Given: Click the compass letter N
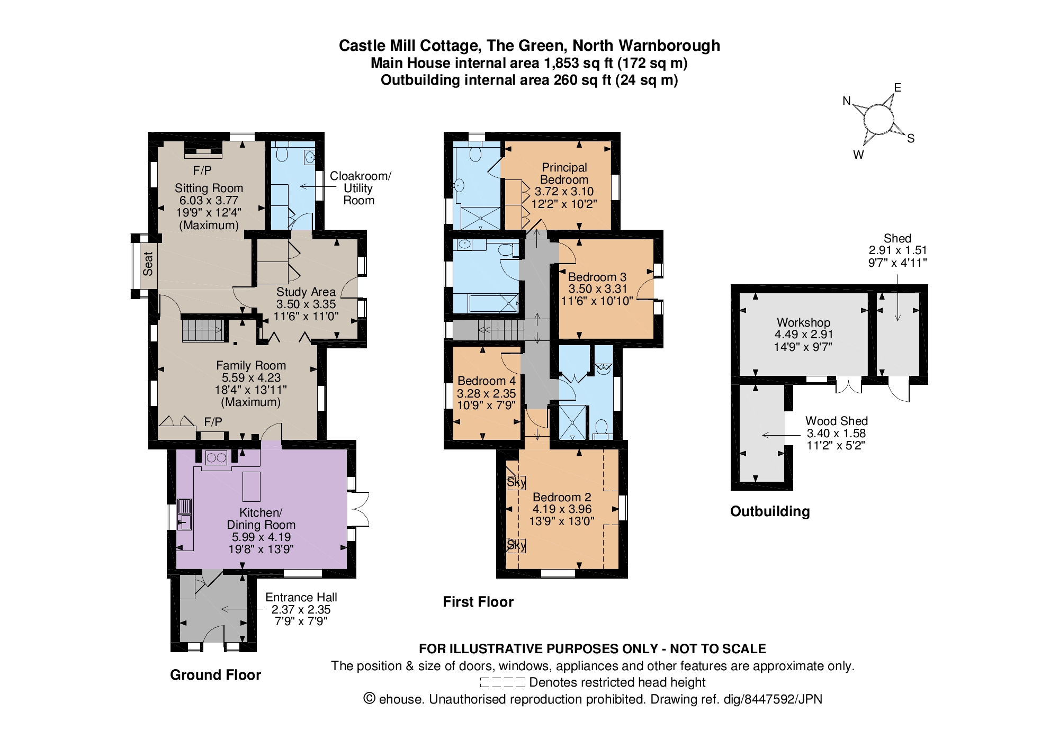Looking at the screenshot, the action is pyautogui.click(x=847, y=101).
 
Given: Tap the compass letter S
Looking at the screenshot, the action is pyautogui.click(x=911, y=139).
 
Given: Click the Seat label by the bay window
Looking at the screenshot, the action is pyautogui.click(x=148, y=263).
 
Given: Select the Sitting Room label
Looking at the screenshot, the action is pyautogui.click(x=209, y=188).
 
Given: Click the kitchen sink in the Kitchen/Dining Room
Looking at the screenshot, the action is pyautogui.click(x=184, y=514).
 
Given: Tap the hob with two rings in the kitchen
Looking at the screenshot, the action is pyautogui.click(x=216, y=457).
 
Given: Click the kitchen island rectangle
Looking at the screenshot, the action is pyautogui.click(x=252, y=486).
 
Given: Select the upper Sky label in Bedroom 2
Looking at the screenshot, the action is pyautogui.click(x=516, y=482).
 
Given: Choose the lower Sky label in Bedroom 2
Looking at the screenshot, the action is pyautogui.click(x=516, y=545).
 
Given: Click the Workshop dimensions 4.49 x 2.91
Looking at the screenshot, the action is pyautogui.click(x=804, y=335).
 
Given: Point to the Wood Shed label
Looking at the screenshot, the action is pyautogui.click(x=837, y=421).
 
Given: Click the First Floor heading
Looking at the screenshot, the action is pyautogui.click(x=478, y=602).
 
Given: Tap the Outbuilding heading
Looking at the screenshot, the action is pyautogui.click(x=770, y=511).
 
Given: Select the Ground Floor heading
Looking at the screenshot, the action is pyautogui.click(x=216, y=675).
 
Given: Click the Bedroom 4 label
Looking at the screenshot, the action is pyautogui.click(x=487, y=381).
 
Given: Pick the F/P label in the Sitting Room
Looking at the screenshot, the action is pyautogui.click(x=202, y=170).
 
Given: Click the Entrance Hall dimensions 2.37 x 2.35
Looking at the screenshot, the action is pyautogui.click(x=301, y=609).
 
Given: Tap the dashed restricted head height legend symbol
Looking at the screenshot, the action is pyautogui.click(x=502, y=682).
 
